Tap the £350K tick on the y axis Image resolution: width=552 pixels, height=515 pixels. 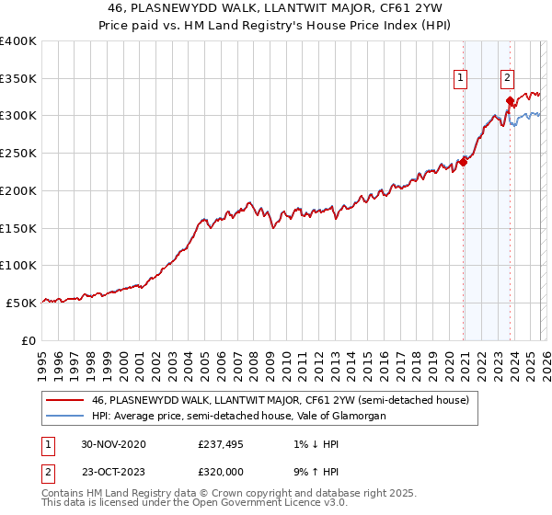click(x=18, y=79)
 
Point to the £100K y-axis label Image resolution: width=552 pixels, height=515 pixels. click(x=18, y=265)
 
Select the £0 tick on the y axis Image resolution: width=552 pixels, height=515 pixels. click(x=29, y=339)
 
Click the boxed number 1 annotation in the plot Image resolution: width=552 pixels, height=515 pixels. click(x=460, y=79)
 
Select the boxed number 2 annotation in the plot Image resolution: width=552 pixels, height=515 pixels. click(x=507, y=79)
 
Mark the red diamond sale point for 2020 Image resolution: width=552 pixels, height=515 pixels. click(x=463, y=162)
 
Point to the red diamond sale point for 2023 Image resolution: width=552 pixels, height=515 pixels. click(x=510, y=101)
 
